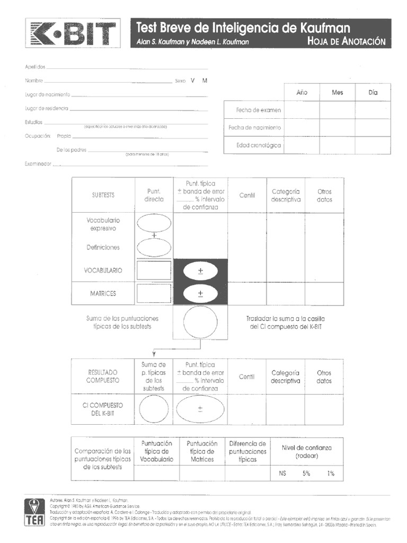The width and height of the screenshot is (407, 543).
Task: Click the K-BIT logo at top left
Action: click(x=73, y=34)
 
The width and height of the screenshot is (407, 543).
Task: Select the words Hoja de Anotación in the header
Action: click(x=346, y=42)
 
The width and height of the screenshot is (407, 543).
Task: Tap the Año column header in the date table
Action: click(x=302, y=92)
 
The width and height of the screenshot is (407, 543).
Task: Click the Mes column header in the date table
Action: click(x=337, y=92)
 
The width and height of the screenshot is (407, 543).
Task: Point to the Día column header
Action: click(x=373, y=92)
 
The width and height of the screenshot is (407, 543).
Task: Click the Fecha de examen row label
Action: click(x=259, y=110)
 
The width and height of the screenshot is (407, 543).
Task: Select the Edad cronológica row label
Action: click(x=259, y=145)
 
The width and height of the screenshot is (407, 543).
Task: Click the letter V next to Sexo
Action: click(x=193, y=81)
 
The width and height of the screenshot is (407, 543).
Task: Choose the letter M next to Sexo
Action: click(x=205, y=81)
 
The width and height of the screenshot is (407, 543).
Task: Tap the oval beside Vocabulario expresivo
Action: click(x=154, y=223)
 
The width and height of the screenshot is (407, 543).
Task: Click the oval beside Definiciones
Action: click(x=154, y=247)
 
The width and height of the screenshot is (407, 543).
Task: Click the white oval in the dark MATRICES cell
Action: click(x=200, y=293)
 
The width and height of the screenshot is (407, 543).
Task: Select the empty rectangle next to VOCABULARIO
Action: click(x=154, y=270)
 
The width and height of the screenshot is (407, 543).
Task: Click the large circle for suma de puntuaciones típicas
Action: click(x=200, y=323)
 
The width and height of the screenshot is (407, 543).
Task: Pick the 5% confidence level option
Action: click(x=306, y=474)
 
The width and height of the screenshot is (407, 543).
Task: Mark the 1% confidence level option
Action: click(x=331, y=474)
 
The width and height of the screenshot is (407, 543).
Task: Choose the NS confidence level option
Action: click(x=282, y=474)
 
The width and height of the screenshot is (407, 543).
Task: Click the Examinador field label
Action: click(x=38, y=164)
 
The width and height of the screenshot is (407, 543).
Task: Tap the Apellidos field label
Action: click(x=36, y=67)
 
